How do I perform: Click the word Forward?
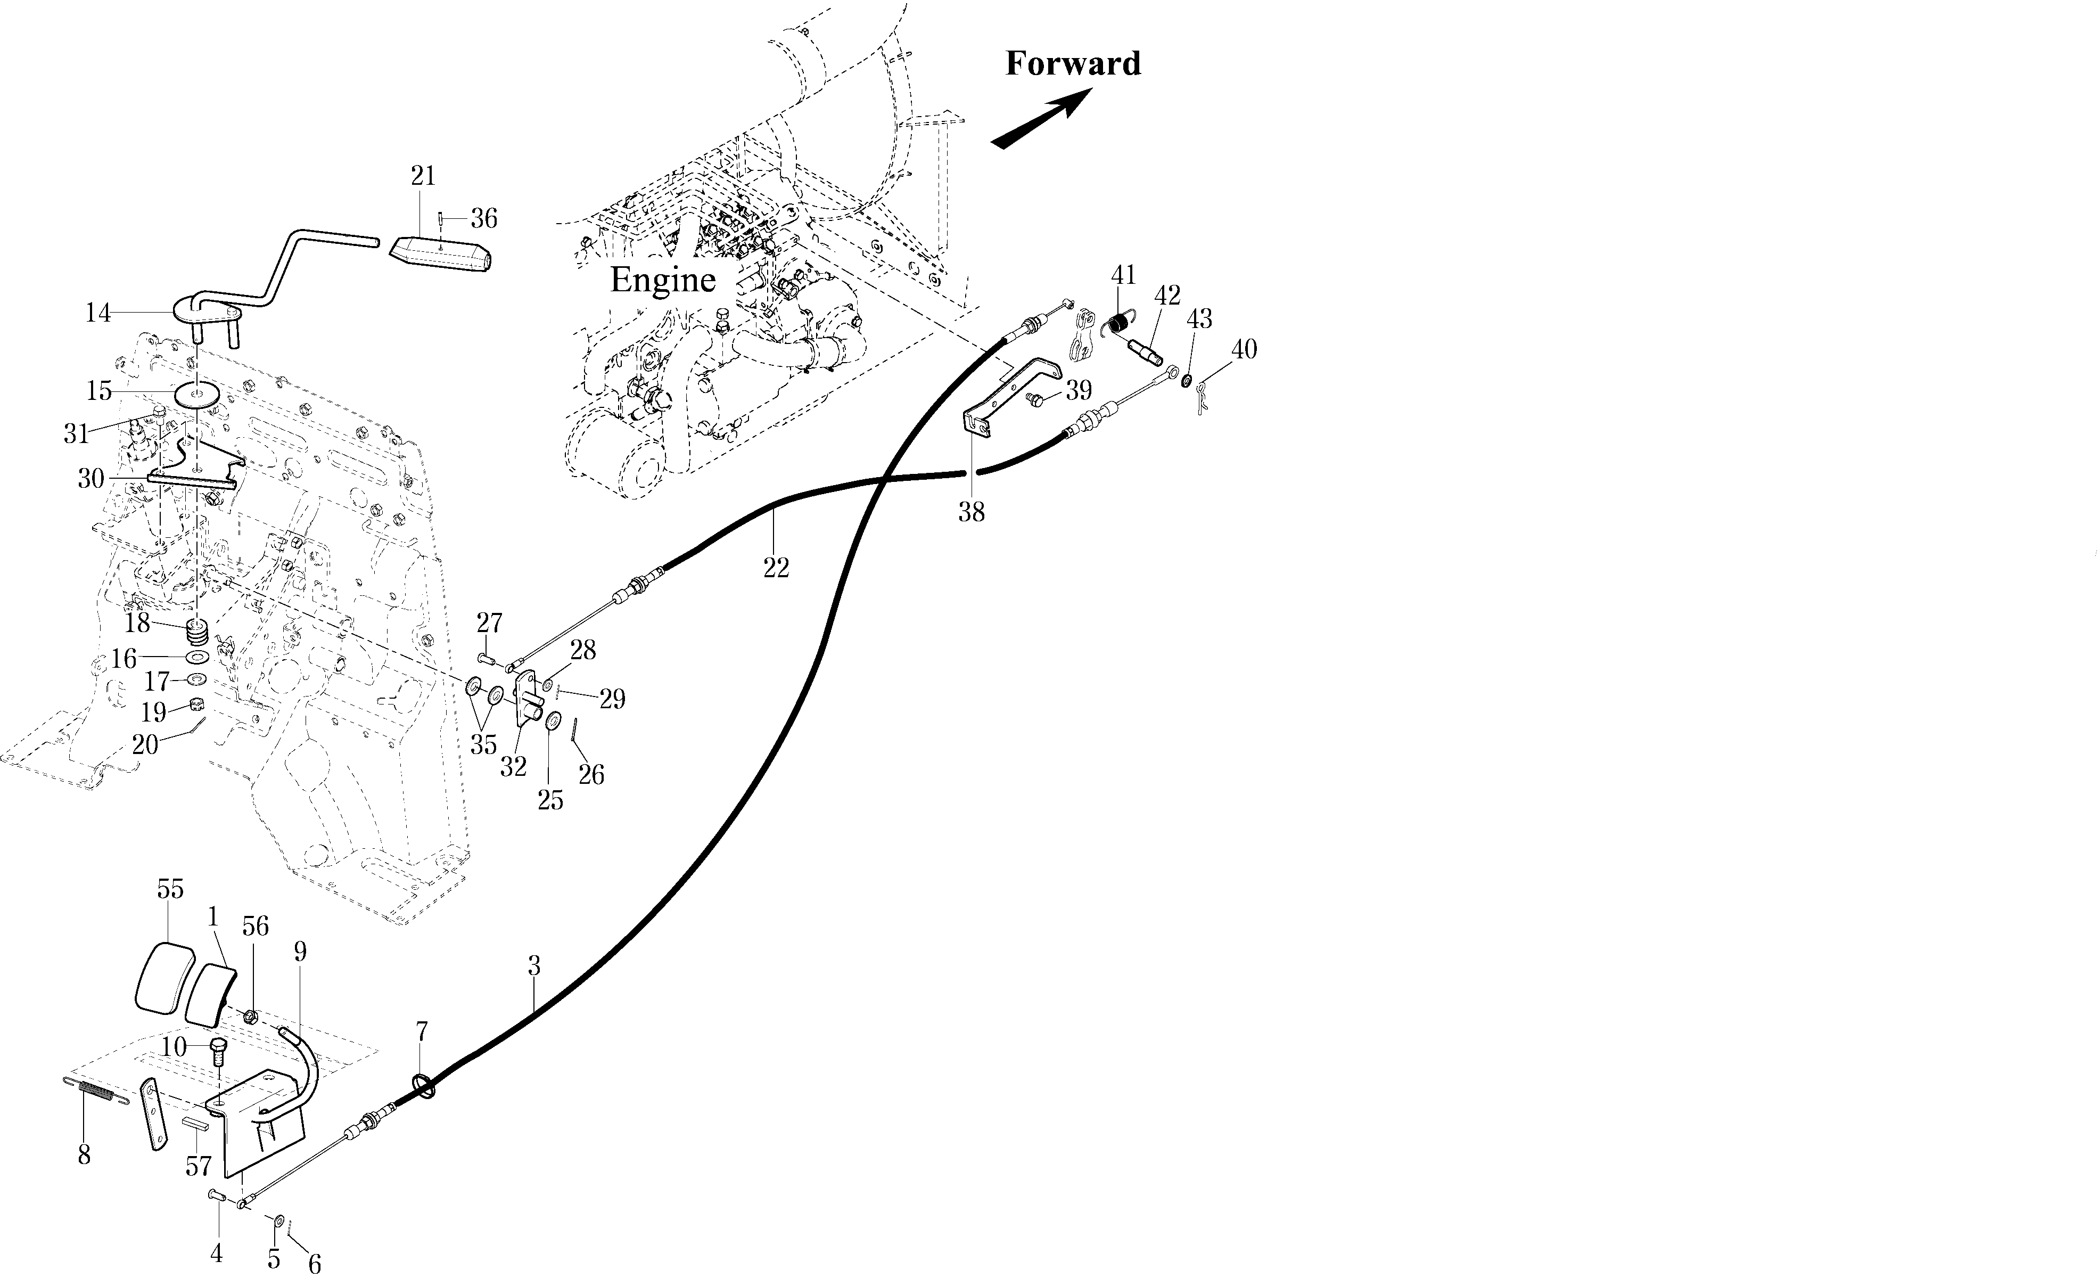[x=1073, y=64]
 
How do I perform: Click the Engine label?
[x=662, y=279]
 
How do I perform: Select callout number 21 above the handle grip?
[x=423, y=176]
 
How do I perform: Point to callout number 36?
[x=483, y=219]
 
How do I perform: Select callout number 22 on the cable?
[x=776, y=568]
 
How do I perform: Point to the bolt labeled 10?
[x=218, y=1052]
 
